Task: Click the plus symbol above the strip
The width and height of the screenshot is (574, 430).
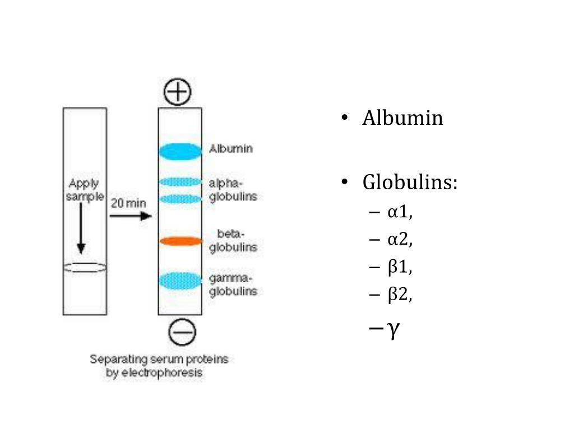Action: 178,92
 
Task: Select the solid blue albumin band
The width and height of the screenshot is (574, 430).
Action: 180,151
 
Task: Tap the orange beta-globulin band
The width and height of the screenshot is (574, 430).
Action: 180,241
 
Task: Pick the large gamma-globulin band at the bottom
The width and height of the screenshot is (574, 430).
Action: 180,280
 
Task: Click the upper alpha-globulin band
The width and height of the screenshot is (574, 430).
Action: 180,181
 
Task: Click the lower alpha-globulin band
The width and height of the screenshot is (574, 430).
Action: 180,199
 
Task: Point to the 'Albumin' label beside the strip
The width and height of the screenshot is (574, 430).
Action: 231,149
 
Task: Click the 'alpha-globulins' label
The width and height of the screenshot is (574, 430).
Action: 233,190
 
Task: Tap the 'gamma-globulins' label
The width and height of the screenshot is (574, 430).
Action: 233,285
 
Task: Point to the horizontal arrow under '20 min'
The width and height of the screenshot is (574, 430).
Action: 131,217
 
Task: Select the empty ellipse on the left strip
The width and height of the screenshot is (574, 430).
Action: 85,268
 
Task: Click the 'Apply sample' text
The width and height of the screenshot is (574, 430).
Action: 85,190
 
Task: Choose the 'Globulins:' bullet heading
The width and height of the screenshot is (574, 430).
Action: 410,183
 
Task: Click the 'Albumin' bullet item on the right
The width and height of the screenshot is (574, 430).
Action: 402,118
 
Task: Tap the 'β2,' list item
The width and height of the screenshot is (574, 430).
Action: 400,295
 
